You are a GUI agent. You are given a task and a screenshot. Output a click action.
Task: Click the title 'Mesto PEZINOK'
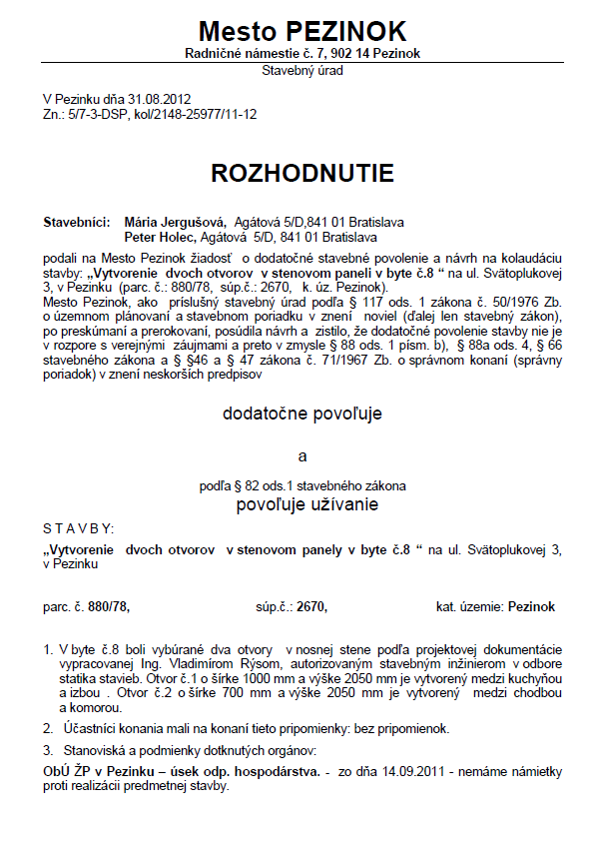click(302, 29)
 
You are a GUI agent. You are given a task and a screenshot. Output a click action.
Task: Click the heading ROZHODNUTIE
click(302, 173)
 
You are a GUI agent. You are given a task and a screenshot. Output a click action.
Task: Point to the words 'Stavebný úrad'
click(302, 71)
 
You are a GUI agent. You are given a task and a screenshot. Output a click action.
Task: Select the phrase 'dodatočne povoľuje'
click(302, 412)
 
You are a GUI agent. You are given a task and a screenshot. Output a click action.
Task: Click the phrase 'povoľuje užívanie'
click(306, 504)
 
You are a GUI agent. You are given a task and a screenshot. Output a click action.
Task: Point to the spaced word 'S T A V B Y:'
click(79, 527)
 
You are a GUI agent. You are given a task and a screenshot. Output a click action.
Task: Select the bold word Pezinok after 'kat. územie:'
click(531, 606)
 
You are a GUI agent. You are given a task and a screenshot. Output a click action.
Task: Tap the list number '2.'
click(48, 728)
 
